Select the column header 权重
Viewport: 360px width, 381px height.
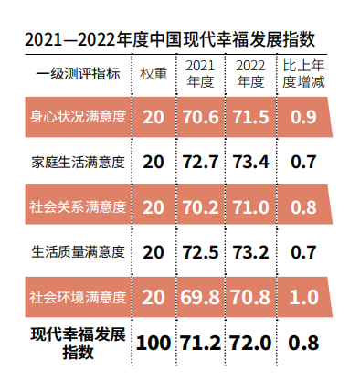coord(154,74)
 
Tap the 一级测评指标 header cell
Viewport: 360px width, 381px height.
coord(78,74)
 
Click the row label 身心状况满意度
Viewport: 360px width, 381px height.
coord(78,118)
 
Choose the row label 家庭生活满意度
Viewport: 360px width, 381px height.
coord(78,162)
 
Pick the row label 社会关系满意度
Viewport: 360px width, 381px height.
coord(78,206)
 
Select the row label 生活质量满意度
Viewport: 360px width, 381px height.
coord(78,251)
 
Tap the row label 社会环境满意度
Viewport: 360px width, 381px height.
coord(78,296)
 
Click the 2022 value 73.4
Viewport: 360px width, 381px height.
coord(250,162)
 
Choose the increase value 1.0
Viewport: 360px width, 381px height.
coord(303,296)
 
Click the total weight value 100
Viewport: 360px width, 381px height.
coord(154,343)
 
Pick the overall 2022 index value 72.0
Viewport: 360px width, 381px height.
coord(250,343)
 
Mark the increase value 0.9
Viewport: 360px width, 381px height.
coord(303,118)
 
